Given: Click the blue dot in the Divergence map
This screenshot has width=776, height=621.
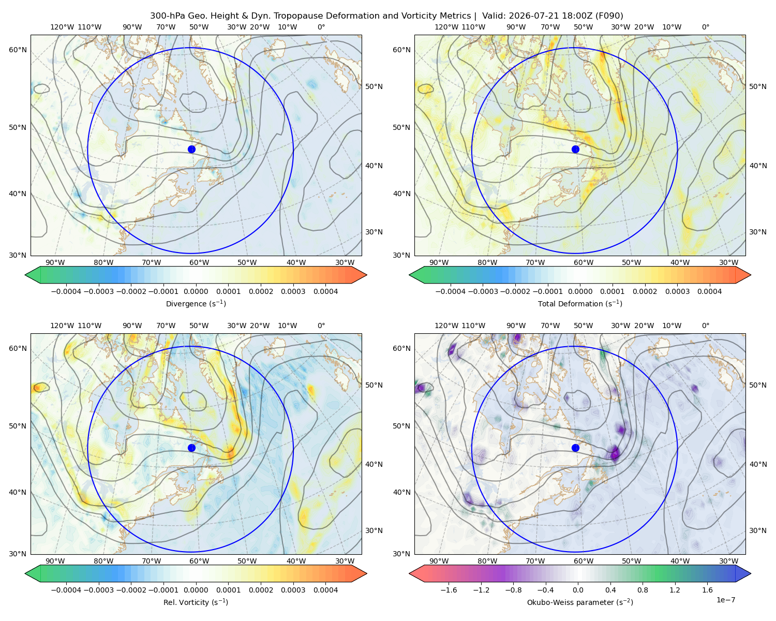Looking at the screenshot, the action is (191, 149).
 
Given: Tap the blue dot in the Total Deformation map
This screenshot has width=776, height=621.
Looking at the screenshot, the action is (575, 149).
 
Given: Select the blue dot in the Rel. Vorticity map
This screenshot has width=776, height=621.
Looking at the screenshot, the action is (191, 448).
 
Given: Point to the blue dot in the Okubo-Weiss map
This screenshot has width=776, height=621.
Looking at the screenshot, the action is (575, 448).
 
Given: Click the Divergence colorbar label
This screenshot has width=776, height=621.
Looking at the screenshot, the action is (196, 303).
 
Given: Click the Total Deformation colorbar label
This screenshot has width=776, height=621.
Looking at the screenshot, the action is (580, 303).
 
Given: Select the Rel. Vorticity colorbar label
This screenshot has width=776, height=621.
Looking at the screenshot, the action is (196, 602).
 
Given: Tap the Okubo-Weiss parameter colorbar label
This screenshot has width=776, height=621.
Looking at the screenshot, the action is (580, 602).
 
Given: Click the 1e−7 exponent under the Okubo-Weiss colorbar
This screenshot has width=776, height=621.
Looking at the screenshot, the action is (725, 600).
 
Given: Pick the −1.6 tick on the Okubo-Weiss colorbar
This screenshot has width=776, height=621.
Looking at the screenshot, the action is (449, 589).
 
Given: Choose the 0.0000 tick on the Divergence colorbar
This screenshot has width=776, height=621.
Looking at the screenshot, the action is (196, 291).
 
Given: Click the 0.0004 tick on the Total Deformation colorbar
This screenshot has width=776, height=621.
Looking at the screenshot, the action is (709, 291).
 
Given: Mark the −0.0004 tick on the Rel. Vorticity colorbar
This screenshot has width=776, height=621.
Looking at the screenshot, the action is (66, 589).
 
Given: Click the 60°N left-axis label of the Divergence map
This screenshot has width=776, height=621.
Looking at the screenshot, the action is (18, 50).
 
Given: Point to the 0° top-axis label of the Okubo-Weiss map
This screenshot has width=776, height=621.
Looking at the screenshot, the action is (705, 325).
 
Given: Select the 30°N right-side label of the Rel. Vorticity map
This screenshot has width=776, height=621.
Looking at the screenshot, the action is (374, 530).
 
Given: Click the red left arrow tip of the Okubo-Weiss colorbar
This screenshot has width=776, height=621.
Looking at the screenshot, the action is (409, 573).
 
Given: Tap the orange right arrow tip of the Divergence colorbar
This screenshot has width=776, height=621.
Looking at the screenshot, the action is (367, 275).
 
